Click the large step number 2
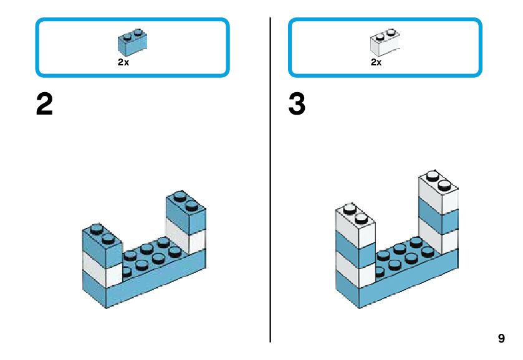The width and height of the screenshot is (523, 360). (45, 105)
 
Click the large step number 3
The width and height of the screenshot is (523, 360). (297, 105)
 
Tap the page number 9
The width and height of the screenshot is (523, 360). (501, 339)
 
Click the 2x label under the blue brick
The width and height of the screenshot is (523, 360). (123, 62)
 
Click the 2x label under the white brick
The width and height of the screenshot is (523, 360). (376, 62)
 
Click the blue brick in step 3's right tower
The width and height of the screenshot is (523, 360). (439, 215)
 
